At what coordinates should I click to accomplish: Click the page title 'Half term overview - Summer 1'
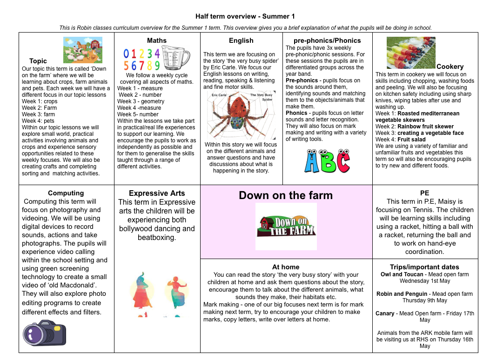[245, 16]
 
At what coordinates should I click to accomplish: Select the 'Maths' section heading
[157, 40]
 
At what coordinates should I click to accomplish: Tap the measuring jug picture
[176, 58]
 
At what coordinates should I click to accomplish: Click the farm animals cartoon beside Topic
[83, 50]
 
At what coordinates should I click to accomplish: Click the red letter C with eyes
[343, 161]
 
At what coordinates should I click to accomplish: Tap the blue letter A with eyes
[312, 161]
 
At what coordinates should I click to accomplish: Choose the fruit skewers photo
[411, 53]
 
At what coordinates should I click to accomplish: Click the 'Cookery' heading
[450, 67]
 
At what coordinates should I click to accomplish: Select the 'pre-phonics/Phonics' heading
[327, 40]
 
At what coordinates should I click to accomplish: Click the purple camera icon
[45, 333]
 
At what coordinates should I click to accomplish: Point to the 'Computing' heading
[66, 193]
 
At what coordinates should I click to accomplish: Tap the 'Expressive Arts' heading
[157, 193]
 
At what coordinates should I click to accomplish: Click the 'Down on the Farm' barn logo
[286, 226]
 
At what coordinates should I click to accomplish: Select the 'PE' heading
[425, 193]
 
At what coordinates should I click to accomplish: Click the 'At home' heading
[286, 267]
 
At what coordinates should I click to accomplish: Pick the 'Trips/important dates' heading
[425, 267]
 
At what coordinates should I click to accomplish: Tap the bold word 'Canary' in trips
[385, 313]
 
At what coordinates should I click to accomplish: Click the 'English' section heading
[241, 40]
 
